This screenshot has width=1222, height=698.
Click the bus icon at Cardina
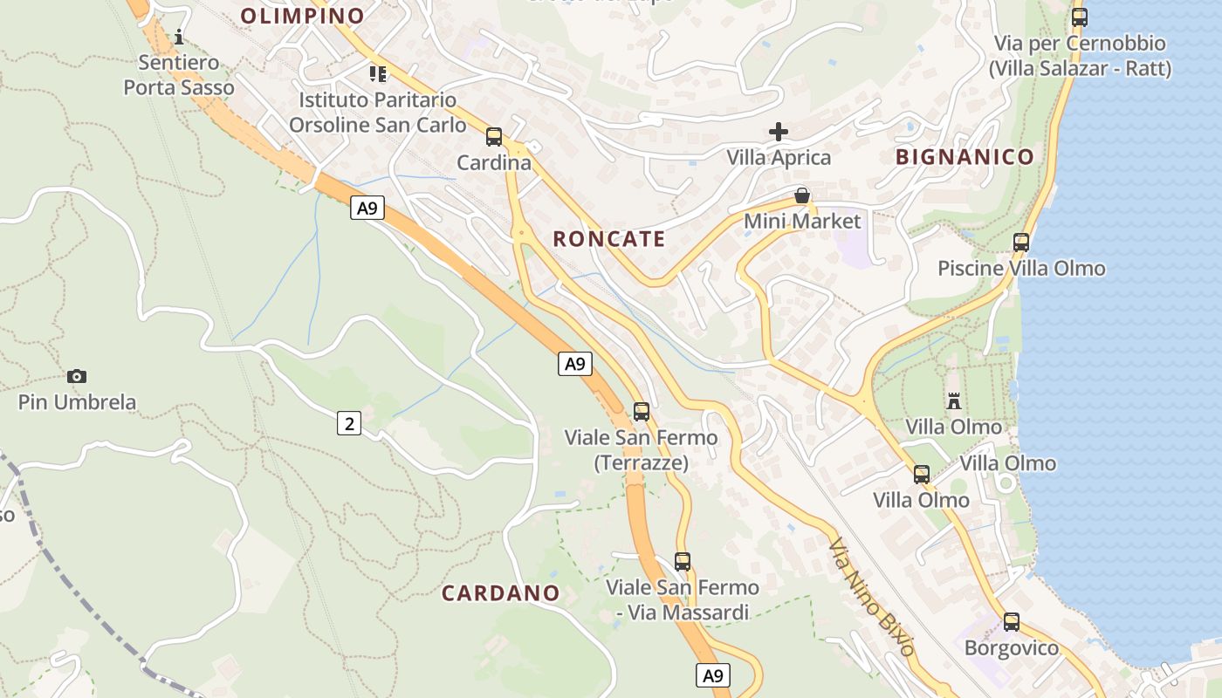pos(494,136)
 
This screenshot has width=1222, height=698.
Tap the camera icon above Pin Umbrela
pos(77,376)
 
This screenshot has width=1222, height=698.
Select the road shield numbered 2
pos(349,424)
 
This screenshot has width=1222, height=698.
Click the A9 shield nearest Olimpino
pos(367,208)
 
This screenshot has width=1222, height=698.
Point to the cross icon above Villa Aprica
pos(779,132)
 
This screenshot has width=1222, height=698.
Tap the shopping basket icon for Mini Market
pos(801,195)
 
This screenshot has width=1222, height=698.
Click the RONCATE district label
pos(609,239)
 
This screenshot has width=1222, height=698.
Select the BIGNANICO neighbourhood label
pos(965,157)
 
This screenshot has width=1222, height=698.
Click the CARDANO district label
pos(500,593)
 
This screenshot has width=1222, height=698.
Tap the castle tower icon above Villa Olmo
pos(953,401)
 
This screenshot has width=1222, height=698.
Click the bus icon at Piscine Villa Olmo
pos(1021,242)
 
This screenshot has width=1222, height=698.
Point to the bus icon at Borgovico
pos(1011,622)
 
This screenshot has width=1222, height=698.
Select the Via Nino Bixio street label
pos(871,598)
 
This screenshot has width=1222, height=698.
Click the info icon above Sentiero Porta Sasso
pos(179,37)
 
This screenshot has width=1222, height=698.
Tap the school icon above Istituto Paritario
pos(377,73)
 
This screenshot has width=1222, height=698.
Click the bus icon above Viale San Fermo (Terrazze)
pos(642,411)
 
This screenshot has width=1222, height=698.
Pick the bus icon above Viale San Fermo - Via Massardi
pos(683,561)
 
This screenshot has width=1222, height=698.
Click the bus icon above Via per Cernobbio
pos(1080,17)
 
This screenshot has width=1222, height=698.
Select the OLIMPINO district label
pos(302,16)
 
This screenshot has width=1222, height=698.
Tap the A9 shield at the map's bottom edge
pos(713,674)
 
